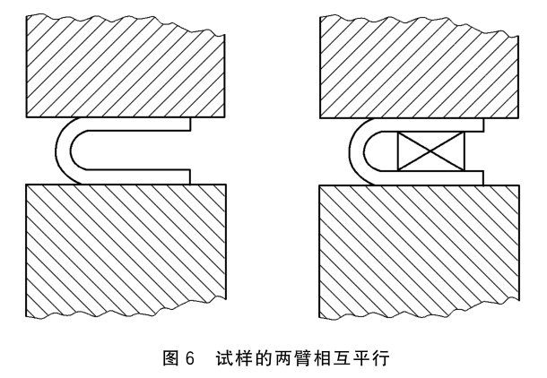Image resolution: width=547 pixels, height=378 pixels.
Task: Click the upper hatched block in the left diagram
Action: (x=126, y=67)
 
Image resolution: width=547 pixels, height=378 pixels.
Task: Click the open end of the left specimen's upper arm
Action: (x=189, y=125)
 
